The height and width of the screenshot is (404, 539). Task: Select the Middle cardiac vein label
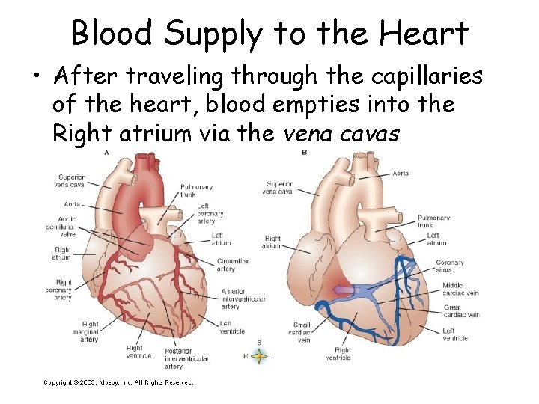[460, 289]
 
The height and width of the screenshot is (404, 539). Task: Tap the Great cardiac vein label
[460, 310]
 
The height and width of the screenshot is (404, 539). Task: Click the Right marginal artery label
[89, 332]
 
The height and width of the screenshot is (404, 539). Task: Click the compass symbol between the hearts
[258, 357]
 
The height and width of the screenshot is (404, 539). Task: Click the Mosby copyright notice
[118, 383]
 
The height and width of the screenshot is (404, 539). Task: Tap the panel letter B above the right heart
[305, 152]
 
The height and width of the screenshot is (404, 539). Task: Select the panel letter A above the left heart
[106, 152]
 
